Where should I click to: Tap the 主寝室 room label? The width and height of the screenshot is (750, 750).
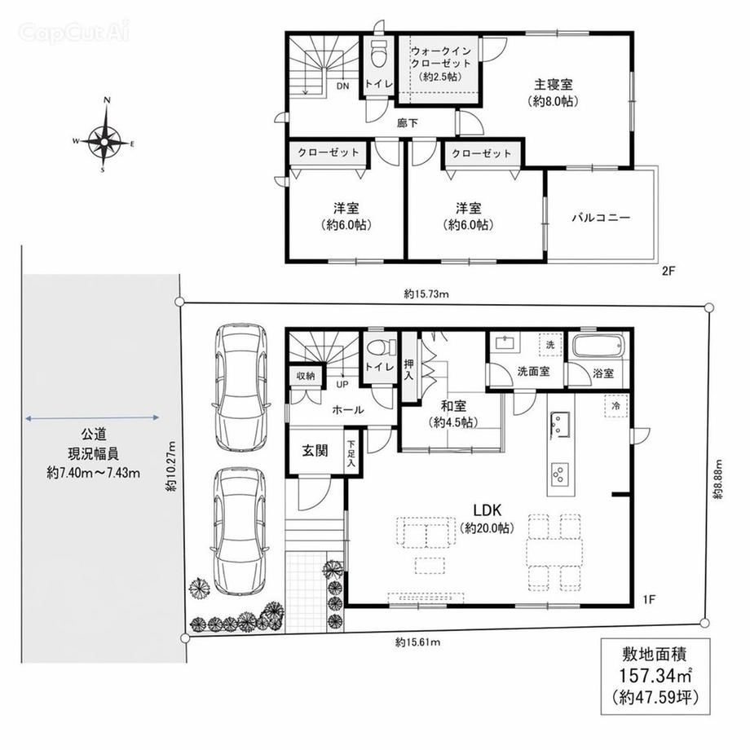pos(554,85)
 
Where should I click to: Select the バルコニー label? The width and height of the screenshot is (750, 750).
pos(602,218)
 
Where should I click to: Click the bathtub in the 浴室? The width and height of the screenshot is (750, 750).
pos(598,346)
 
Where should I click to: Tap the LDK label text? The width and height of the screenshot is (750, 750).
pos(487,509)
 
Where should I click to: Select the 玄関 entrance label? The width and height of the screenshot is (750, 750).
pos(315,451)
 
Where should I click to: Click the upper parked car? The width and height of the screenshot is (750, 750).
pos(240,387)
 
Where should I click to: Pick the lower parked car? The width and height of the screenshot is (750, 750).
pos(239,531)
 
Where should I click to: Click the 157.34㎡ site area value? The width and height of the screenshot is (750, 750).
pos(655,676)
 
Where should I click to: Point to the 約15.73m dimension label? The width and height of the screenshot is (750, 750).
pos(426,294)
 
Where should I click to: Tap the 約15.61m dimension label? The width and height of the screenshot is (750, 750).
pos(417,642)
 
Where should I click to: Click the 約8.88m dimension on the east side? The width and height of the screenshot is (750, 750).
pos(718,479)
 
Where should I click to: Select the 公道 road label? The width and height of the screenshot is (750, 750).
pos(93,435)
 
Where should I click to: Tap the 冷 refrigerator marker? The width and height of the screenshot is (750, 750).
pos(615,406)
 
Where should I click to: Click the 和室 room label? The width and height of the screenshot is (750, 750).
pos(453,406)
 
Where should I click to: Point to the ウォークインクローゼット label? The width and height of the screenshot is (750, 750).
pos(441,57)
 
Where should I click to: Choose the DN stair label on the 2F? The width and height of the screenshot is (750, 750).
pos(342,86)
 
